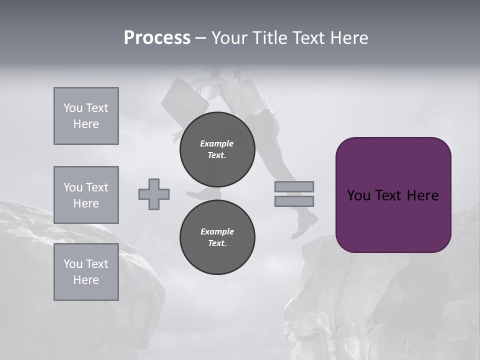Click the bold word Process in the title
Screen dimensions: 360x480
[x=157, y=38]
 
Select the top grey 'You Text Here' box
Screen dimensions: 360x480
[x=86, y=116]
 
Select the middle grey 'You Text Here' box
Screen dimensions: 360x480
[x=86, y=195]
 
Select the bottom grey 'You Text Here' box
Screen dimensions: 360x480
[x=86, y=272]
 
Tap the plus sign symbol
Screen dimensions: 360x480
[x=154, y=194]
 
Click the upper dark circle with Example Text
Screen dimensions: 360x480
[x=217, y=149]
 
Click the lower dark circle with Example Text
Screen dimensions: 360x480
[x=217, y=237]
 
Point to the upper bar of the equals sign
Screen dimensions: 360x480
[x=294, y=186]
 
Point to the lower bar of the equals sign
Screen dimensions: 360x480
[x=294, y=201]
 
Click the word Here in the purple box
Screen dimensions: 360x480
[x=422, y=195]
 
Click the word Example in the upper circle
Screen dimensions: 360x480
[x=217, y=143]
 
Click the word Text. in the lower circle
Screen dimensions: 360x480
[x=217, y=243]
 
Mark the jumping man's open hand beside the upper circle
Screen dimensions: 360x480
[x=177, y=136]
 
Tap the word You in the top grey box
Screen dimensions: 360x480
[x=72, y=108]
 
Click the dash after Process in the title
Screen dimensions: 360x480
[x=200, y=38]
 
